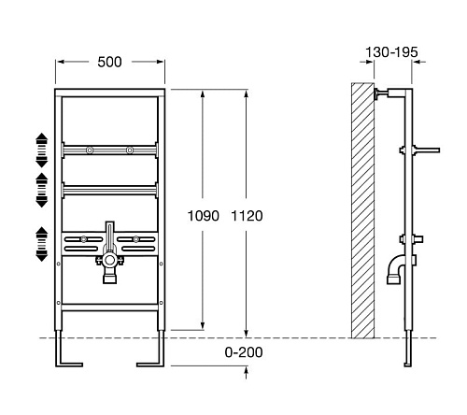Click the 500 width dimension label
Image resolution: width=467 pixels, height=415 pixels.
[x=109, y=62]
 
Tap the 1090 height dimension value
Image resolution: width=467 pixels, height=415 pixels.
[x=204, y=216]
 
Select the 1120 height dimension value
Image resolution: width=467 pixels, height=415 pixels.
[x=247, y=216]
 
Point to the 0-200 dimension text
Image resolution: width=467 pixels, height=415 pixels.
[x=244, y=352]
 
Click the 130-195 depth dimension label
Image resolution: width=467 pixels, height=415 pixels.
[x=391, y=52]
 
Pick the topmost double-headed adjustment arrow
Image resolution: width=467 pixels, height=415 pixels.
[x=42, y=150]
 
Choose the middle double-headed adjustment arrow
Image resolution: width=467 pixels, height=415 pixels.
[x=42, y=190]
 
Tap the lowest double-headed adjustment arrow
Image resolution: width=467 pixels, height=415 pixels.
[x=42, y=244]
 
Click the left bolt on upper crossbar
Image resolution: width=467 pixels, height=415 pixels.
[x=90, y=150]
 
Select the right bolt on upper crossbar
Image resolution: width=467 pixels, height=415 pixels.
[x=130, y=150]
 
